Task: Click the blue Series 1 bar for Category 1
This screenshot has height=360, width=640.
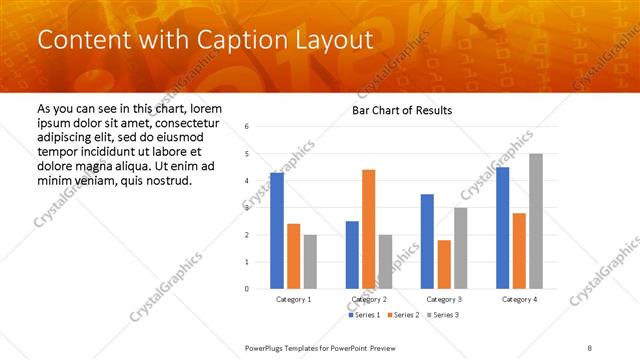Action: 276,231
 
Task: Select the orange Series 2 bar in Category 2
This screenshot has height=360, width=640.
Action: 368,229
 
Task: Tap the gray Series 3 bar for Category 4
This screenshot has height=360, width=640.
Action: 536,221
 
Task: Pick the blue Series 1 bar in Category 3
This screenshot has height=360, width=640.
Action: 427,241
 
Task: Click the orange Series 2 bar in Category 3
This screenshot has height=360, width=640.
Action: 444,264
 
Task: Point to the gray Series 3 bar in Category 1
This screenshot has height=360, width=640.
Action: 310,262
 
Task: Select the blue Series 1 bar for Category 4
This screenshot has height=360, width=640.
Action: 502,228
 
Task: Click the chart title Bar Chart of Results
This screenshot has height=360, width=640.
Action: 402,110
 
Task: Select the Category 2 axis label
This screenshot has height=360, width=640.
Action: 368,299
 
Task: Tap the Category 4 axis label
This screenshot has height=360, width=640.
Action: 518,299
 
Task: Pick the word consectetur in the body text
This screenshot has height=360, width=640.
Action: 180,120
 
